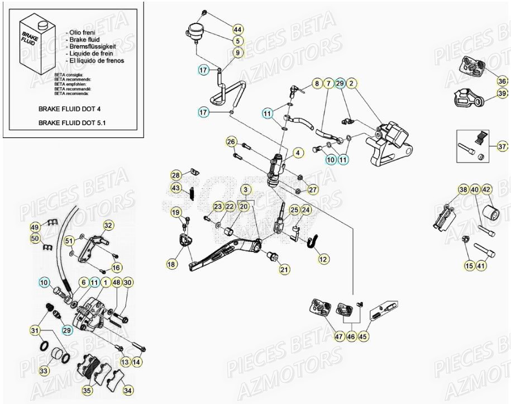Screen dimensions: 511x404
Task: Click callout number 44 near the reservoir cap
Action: tap(238, 29)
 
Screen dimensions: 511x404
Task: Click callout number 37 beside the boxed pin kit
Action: tap(502, 146)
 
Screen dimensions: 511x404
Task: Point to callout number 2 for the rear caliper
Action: tap(352, 84)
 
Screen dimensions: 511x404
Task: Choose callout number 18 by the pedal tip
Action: tap(171, 263)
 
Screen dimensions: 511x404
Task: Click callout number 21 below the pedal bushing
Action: tap(285, 269)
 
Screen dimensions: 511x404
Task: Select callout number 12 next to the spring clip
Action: tap(324, 259)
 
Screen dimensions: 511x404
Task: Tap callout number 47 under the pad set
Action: tap(339, 336)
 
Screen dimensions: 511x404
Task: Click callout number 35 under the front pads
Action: tap(88, 390)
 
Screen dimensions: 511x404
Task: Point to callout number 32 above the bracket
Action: tap(108, 226)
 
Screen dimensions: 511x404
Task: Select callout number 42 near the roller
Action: tap(486, 189)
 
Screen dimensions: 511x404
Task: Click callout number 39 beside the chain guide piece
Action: tap(502, 93)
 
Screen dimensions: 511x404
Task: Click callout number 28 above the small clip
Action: tap(176, 175)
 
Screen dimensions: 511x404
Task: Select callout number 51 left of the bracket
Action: tap(69, 241)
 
